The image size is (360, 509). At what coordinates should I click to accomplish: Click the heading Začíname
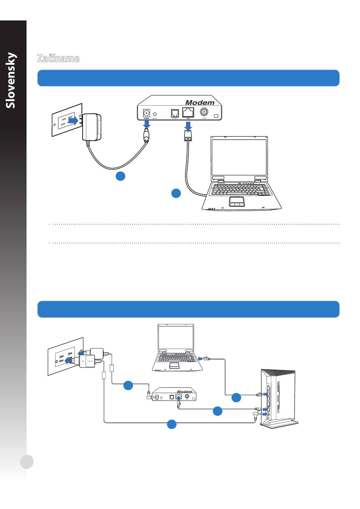(58, 58)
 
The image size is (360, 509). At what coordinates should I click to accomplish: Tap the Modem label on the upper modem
(200, 103)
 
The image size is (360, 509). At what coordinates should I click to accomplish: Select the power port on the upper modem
(146, 113)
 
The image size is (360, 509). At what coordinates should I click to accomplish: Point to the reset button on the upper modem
(155, 114)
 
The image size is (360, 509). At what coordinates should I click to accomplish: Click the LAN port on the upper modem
(188, 112)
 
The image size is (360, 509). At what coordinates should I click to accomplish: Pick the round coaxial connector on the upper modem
(204, 112)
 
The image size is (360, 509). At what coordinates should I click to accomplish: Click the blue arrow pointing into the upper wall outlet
(74, 120)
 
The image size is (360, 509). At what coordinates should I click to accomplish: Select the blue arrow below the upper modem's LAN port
(188, 125)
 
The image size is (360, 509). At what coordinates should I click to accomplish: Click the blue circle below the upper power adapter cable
(121, 176)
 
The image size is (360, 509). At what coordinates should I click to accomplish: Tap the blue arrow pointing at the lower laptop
(200, 358)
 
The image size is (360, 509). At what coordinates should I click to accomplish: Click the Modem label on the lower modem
(185, 392)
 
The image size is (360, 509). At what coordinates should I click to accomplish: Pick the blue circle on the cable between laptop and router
(236, 397)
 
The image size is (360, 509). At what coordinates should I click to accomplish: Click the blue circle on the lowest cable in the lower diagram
(172, 424)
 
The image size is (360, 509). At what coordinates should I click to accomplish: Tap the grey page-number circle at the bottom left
(27, 462)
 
